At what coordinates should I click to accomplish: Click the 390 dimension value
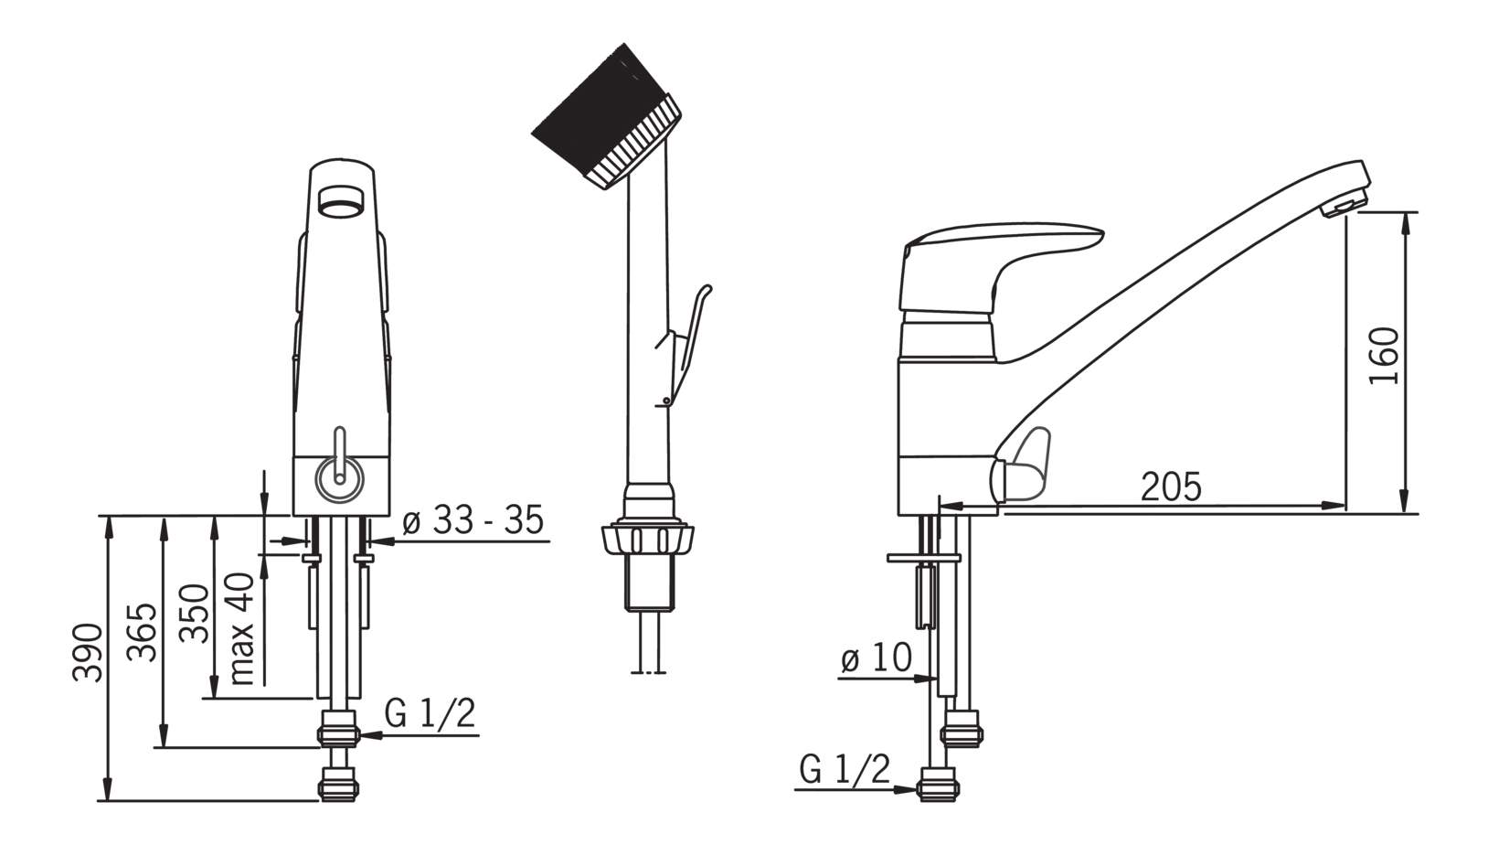(x=89, y=653)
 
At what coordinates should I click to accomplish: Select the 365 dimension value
(x=143, y=632)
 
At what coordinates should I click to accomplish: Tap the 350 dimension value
(x=195, y=613)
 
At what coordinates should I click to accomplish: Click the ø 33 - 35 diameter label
(x=473, y=520)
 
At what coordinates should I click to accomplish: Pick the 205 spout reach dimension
(x=1171, y=487)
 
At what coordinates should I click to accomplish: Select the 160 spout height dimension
(x=1385, y=356)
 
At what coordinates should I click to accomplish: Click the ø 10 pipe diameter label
(x=877, y=658)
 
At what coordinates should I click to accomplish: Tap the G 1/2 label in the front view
(x=430, y=714)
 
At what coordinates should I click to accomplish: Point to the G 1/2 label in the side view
(x=845, y=769)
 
